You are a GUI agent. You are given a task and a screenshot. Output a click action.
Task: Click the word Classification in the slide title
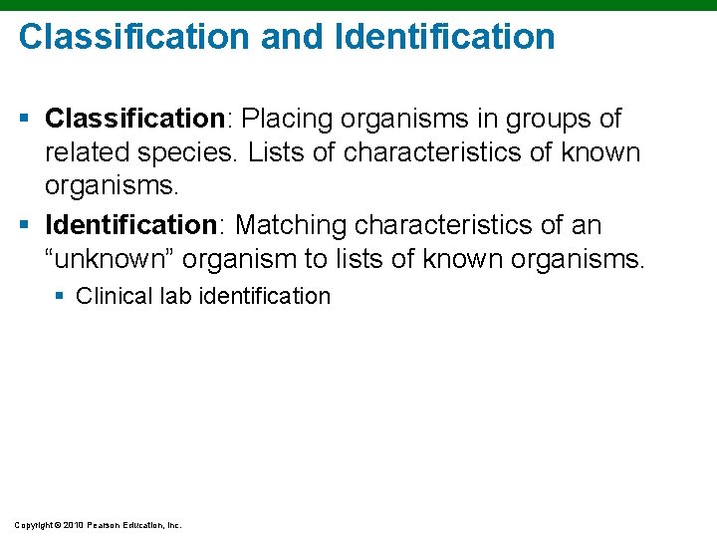point(133,37)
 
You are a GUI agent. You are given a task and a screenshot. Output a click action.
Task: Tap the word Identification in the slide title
point(445,37)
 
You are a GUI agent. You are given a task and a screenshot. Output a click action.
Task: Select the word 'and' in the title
point(294,37)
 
